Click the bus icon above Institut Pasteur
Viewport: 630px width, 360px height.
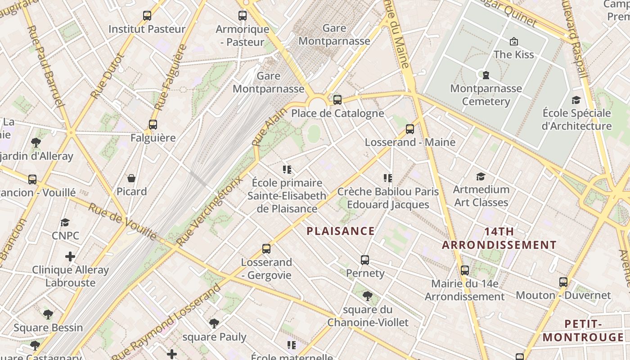click(x=147, y=16)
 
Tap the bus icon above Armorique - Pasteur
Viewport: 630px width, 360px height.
click(x=243, y=16)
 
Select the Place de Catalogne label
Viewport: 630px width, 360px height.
click(x=337, y=113)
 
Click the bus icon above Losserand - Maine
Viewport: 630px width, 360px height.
click(x=410, y=129)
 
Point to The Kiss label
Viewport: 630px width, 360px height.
click(x=513, y=54)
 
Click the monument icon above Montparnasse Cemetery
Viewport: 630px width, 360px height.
click(x=486, y=75)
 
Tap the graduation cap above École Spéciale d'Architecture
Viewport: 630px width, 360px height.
click(x=576, y=100)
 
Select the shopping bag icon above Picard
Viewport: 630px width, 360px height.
click(x=131, y=179)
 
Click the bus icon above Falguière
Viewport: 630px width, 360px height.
click(x=153, y=125)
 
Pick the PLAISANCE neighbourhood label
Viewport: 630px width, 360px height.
click(x=340, y=231)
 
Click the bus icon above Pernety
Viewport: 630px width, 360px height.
click(x=365, y=260)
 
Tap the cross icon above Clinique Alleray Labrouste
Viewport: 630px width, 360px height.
click(x=70, y=256)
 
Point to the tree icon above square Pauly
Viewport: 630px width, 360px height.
click(x=214, y=323)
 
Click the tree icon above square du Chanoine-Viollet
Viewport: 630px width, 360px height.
click(x=368, y=296)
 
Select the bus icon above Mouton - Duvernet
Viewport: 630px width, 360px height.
click(x=563, y=282)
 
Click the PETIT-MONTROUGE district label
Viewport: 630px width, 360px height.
click(x=583, y=331)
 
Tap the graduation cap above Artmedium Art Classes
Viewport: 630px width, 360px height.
click(x=481, y=176)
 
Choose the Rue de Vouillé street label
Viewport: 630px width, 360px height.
click(x=122, y=221)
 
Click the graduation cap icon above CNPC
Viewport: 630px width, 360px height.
click(x=65, y=223)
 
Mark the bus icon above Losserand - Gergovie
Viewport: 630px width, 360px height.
click(x=266, y=249)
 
